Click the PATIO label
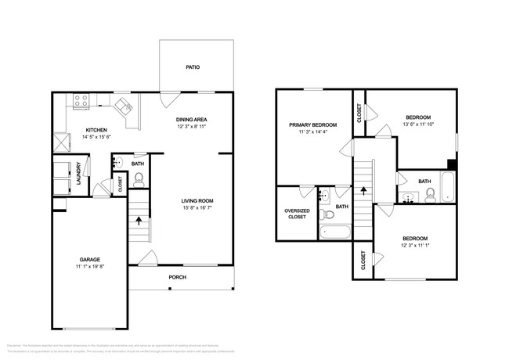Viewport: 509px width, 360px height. point(193,67)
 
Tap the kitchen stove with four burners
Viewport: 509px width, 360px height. point(81,100)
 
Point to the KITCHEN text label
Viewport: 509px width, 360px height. point(96,130)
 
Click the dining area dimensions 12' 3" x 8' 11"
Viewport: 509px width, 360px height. point(192,127)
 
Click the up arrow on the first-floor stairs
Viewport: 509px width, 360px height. point(139,221)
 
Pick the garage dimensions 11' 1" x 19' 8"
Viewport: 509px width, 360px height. point(88,267)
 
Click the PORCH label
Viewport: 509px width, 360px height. point(178,278)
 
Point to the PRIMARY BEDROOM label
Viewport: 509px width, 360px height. point(312,125)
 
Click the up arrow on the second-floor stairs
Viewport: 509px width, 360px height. point(363,189)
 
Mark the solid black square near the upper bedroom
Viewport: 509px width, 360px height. point(452,164)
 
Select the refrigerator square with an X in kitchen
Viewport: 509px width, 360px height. point(60,142)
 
